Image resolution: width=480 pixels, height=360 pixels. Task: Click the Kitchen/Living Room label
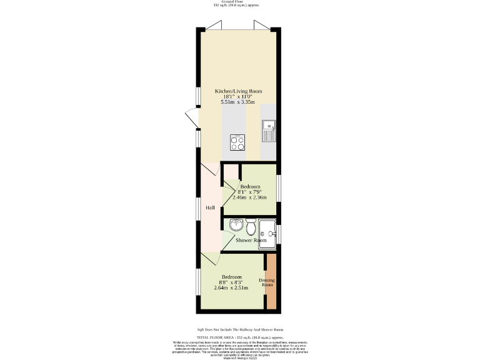(x=238, y=91)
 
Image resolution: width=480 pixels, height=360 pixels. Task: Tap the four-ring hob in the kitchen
(x=237, y=142)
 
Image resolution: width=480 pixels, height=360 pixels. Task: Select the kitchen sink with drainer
(x=269, y=131)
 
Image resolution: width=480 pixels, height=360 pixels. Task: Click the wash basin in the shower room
(x=237, y=225)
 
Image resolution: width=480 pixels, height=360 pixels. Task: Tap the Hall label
(x=211, y=207)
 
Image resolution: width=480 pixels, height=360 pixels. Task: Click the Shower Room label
(x=251, y=240)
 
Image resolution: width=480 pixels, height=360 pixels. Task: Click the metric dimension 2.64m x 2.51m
(x=231, y=288)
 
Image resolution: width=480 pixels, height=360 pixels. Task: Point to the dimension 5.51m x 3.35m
(x=238, y=102)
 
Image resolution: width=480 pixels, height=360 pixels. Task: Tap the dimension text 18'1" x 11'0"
(x=238, y=97)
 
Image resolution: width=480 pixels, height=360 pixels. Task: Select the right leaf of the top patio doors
(x=261, y=26)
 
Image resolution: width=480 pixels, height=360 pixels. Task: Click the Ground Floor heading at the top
(x=241, y=2)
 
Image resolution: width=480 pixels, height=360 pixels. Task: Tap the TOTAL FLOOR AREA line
(x=240, y=337)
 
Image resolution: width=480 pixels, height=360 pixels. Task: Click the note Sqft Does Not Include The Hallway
(x=240, y=329)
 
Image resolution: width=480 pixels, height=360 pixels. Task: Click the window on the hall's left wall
(x=198, y=209)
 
